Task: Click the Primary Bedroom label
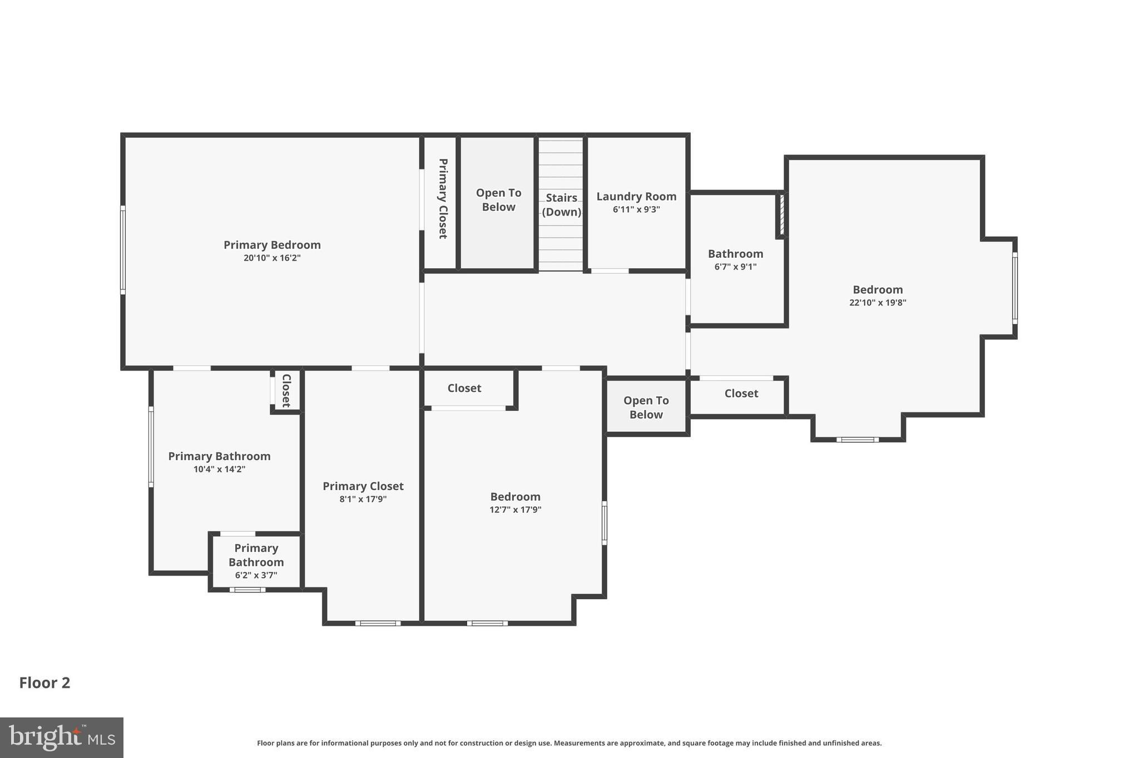272,245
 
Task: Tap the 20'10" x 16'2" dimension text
272,258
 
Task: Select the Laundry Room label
636,197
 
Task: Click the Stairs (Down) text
561,205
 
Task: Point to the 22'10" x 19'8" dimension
878,303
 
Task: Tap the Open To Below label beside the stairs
498,200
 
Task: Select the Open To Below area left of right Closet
646,407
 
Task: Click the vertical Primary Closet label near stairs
443,199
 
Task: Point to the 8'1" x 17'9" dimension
363,499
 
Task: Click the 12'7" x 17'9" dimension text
515,510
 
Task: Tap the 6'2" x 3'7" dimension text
256,575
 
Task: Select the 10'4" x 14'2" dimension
219,469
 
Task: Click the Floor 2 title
44,683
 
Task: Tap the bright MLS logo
61,737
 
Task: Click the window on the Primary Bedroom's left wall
123,250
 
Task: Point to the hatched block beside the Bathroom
781,214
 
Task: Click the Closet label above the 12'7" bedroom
464,388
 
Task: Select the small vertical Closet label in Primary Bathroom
286,391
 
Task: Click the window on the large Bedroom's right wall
1014,288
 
